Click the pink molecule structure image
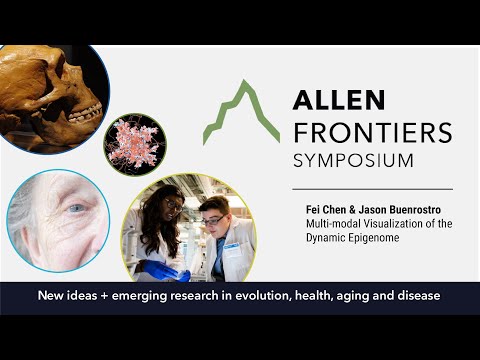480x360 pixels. (135, 143)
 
